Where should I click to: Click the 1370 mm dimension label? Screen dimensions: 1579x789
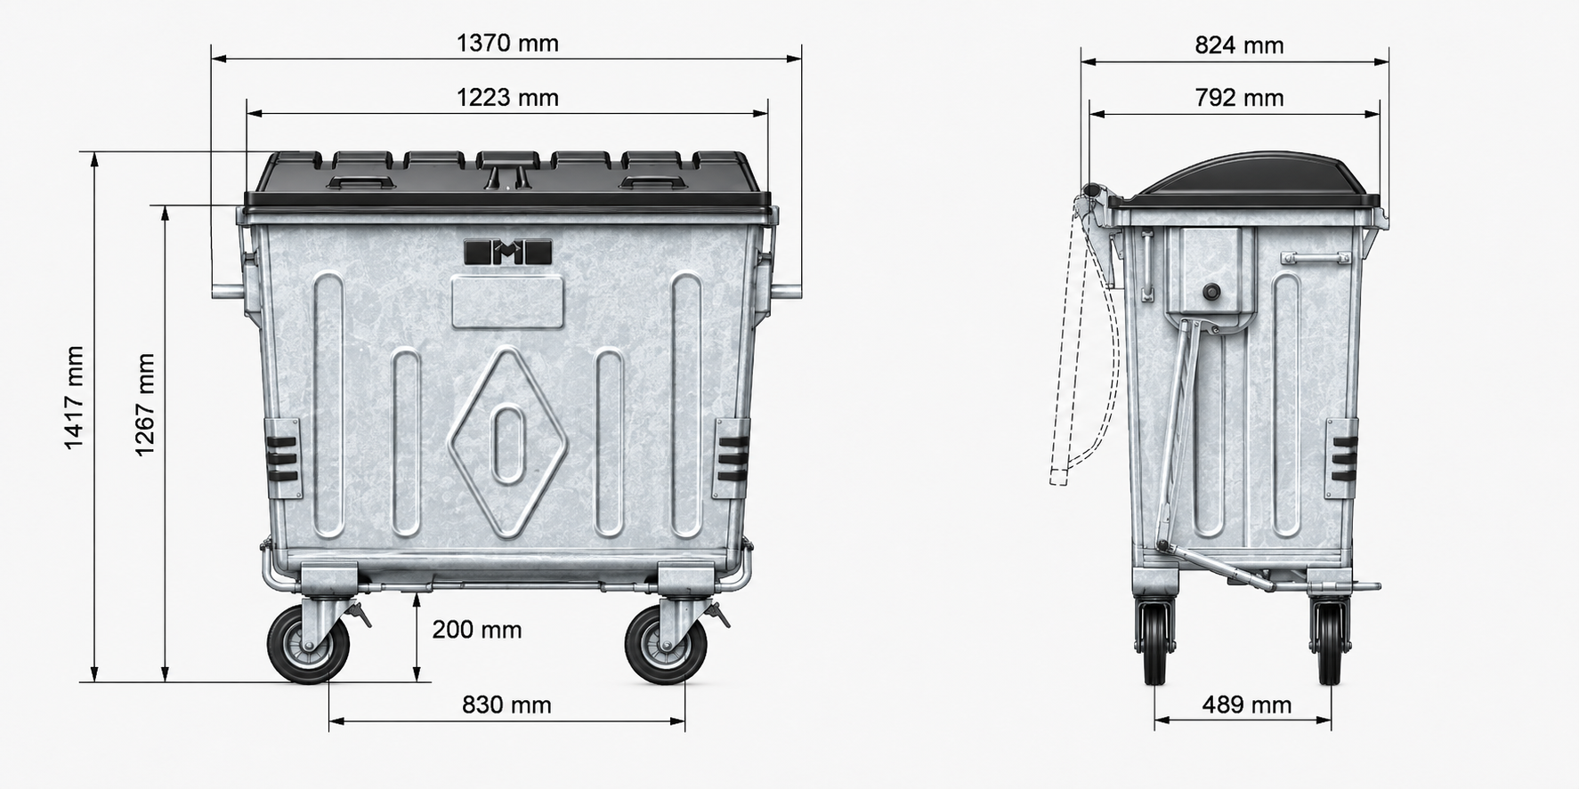(507, 43)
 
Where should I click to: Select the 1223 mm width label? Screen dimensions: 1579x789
(507, 97)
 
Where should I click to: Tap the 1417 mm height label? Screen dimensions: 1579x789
(74, 399)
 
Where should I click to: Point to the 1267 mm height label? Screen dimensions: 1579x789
(145, 405)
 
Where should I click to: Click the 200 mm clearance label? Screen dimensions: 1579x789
(477, 630)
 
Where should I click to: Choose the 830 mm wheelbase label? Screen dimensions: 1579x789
(506, 705)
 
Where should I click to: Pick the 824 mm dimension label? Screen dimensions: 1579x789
(1239, 45)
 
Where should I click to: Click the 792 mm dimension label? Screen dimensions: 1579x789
(1239, 98)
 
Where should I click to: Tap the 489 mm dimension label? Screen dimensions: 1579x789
(1246, 705)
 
